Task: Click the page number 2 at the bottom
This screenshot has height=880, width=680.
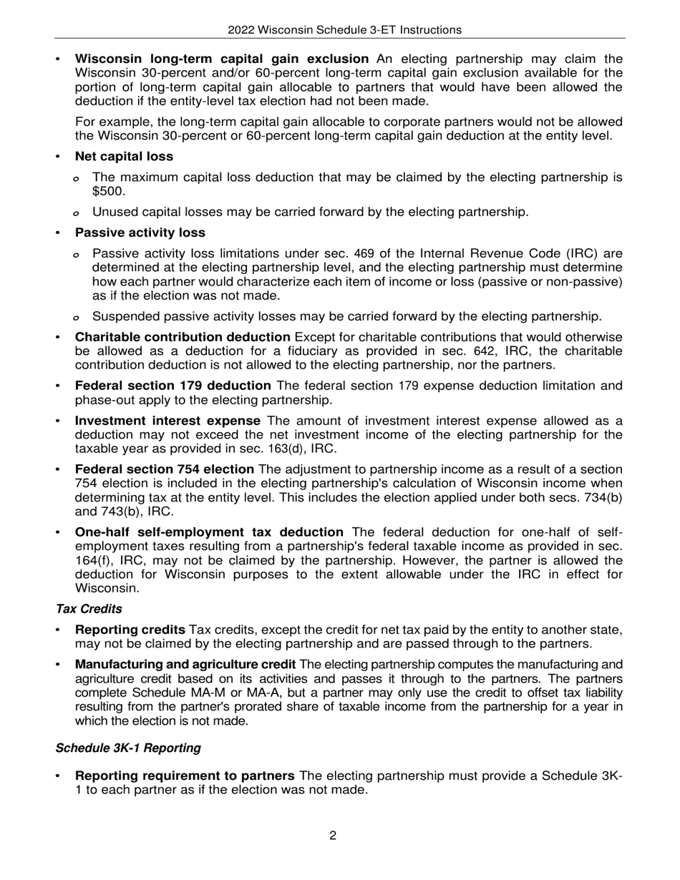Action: coord(333,835)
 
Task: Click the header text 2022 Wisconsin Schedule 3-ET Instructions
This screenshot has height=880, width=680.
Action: coord(344,30)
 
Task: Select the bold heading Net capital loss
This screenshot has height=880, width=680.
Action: coord(124,156)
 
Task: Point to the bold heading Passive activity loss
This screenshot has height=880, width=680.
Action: coord(140,233)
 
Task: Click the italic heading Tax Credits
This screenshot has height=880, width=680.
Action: coord(89,609)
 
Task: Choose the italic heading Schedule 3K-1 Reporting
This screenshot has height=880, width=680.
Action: coord(128,748)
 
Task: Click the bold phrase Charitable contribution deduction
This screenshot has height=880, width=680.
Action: coord(183,337)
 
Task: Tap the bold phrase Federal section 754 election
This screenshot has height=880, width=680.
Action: coord(164,469)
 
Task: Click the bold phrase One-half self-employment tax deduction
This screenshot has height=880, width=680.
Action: coord(209,532)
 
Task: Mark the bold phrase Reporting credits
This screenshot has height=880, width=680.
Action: coord(130,630)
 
